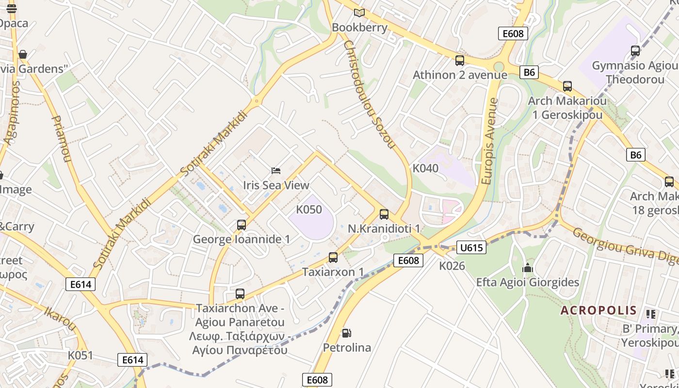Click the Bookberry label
[x=359, y=28]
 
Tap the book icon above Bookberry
[x=359, y=13]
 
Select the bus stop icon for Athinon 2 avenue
[x=459, y=61]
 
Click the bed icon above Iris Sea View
[x=276, y=170]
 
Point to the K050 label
[x=309, y=210]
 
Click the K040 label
[x=425, y=168]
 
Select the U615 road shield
[x=471, y=248]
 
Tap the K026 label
[x=452, y=266]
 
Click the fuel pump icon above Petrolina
[x=346, y=333]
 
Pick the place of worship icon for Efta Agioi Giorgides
[x=527, y=268]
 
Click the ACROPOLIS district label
[x=598, y=310]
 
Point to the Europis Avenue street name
[x=490, y=141]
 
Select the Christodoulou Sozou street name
[x=370, y=94]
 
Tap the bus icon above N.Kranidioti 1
[x=384, y=214]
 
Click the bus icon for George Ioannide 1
[x=241, y=225]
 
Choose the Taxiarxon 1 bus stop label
[x=333, y=272]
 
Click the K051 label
[x=80, y=355]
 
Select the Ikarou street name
[x=61, y=318]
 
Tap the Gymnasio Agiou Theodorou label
[x=635, y=72]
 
